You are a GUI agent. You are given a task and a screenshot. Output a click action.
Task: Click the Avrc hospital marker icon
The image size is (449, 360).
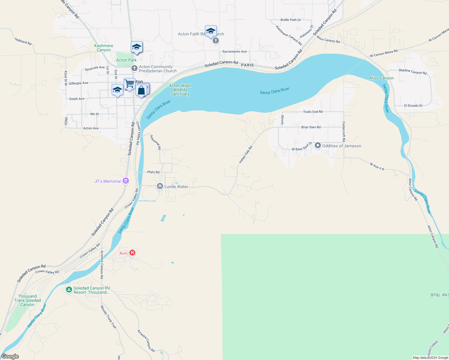[132, 253]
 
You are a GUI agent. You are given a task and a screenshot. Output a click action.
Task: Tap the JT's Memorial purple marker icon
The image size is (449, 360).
[126, 181]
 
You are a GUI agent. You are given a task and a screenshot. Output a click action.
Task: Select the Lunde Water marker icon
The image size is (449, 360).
[160, 186]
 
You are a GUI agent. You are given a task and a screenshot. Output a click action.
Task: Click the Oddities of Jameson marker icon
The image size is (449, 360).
[318, 146]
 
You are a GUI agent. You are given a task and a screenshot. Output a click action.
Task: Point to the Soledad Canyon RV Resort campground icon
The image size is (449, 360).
[69, 290]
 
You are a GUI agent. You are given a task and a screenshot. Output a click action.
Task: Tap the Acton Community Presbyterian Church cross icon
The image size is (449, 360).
[134, 68]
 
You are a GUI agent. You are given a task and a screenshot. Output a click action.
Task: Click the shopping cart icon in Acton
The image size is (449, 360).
[129, 83]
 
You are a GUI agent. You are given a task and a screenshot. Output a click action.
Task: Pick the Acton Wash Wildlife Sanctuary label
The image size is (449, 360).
[180, 90]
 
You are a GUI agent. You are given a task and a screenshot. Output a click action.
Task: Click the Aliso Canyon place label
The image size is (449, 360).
[381, 78]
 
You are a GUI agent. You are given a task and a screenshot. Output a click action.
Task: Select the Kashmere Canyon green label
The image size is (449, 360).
[104, 48]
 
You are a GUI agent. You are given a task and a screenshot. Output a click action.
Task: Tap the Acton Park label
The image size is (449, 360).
[126, 60]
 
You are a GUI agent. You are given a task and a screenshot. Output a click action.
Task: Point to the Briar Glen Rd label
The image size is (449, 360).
[311, 127]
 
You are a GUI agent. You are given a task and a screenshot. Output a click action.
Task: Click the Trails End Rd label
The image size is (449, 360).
[313, 112]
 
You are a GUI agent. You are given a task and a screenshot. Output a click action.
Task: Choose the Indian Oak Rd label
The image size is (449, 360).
[246, 154]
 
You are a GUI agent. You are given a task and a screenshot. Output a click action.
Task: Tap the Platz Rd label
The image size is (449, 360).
[153, 172]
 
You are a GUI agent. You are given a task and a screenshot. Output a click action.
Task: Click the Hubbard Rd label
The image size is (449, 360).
[23, 41]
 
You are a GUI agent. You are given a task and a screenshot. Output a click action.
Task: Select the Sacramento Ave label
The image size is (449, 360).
[234, 52]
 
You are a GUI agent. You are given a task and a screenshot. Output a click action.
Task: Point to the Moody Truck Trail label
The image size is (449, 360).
[108, 317]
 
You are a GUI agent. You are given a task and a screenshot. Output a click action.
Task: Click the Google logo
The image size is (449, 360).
[10, 356]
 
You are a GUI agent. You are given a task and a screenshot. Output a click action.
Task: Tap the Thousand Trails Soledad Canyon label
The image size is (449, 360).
[27, 300]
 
